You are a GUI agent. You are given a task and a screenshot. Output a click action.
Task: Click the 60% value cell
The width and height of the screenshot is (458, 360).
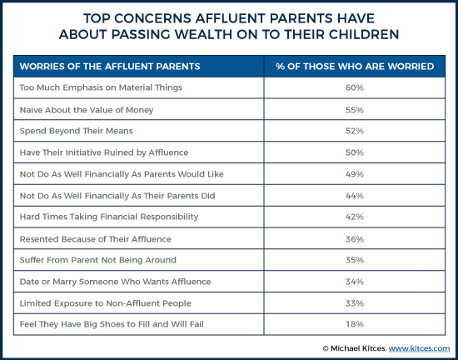(x=354, y=87)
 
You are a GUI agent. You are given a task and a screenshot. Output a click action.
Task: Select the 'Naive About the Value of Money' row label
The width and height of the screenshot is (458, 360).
(x=87, y=110)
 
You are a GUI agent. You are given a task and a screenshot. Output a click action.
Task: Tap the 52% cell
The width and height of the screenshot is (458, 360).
(x=354, y=131)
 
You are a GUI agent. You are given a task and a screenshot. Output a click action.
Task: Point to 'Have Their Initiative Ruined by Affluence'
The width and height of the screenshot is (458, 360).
(x=104, y=152)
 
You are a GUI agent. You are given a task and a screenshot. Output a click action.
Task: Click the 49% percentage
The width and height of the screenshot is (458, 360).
(x=354, y=174)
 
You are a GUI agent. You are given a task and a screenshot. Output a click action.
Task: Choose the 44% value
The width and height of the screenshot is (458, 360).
(x=354, y=196)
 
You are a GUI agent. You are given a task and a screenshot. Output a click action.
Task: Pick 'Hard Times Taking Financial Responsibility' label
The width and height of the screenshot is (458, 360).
(x=109, y=217)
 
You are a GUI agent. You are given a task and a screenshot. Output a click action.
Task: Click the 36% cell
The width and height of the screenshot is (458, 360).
(x=354, y=239)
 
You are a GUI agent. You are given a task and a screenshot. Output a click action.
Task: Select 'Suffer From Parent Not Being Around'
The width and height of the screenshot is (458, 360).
(x=98, y=260)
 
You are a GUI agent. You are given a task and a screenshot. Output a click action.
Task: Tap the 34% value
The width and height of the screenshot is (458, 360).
(x=354, y=282)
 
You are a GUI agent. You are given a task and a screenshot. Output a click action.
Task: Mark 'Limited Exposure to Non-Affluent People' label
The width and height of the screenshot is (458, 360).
(x=105, y=303)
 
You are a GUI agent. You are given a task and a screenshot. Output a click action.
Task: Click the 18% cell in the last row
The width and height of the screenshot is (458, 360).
(x=354, y=324)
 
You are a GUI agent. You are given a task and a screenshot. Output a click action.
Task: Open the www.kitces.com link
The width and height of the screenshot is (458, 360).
(x=419, y=348)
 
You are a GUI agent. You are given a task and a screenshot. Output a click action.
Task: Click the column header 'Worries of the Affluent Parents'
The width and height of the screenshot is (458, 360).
(x=110, y=67)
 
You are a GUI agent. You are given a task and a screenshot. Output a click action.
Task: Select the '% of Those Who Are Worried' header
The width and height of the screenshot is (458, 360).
(x=355, y=67)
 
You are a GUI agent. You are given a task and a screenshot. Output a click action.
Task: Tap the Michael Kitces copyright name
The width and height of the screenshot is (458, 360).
(x=359, y=348)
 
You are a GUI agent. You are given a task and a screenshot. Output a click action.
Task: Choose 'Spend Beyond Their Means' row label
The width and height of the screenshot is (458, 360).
(x=76, y=131)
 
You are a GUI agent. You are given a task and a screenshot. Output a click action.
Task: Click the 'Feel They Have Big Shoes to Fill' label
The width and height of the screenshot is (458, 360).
(x=112, y=324)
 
